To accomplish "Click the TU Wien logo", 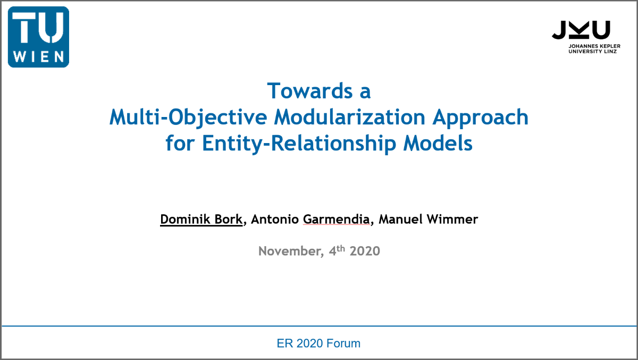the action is pos(38,37).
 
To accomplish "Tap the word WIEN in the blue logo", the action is pos(38,56).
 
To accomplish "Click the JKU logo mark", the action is pos(581,30).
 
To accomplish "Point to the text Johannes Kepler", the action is pos(594,46).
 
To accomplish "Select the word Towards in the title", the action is pos(310,91).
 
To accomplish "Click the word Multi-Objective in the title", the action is pos(188,118).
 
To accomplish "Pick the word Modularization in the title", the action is pos(350,117).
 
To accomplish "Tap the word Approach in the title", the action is pos(481,118).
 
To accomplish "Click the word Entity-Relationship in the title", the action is pos(299,144).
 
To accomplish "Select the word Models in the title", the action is pos(438,143).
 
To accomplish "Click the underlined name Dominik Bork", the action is pos(202,219).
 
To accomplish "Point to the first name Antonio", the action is pos(275,219).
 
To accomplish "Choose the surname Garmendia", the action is pos(336,219).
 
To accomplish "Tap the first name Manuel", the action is pos(400,219).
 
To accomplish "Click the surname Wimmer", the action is pos(452,219).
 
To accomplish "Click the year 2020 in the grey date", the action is pos(365,251).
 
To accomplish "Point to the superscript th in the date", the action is pos(341,249).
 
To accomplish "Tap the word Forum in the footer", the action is pos(343,344).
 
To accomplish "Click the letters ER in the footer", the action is pos(285,344).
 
